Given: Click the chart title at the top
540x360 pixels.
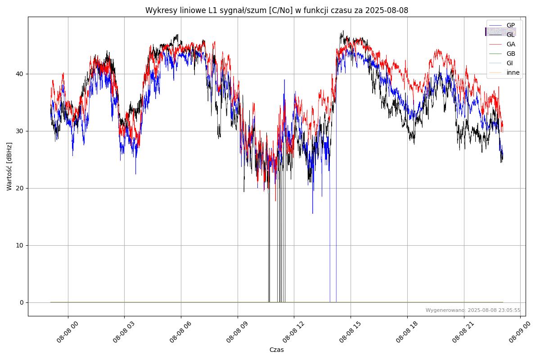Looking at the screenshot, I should coord(276,10).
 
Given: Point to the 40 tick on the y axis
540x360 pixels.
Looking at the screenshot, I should coord(21,74).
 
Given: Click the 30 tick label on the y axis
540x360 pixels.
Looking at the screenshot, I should coord(21,131).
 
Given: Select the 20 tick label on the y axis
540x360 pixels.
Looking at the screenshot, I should coord(21,188).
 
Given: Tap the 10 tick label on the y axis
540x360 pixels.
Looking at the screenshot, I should coord(21,245).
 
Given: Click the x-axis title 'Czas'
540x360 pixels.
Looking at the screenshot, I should coord(276,350).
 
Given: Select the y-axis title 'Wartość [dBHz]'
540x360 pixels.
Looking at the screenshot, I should coord(9,166).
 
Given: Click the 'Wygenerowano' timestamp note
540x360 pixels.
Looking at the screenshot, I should coord(473,310).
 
